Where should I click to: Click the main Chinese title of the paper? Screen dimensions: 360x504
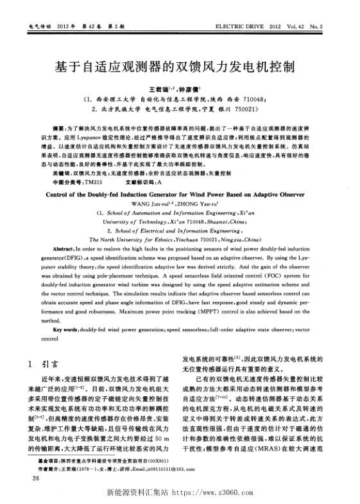coord(180,66)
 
